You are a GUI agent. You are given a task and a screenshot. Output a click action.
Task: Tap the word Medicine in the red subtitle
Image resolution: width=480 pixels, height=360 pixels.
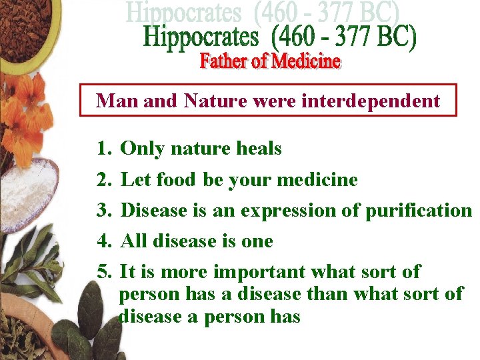point(305,62)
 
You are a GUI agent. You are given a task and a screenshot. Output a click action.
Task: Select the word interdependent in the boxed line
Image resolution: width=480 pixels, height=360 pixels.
point(371,101)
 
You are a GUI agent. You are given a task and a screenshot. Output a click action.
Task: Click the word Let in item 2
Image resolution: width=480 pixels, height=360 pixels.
point(135,180)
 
